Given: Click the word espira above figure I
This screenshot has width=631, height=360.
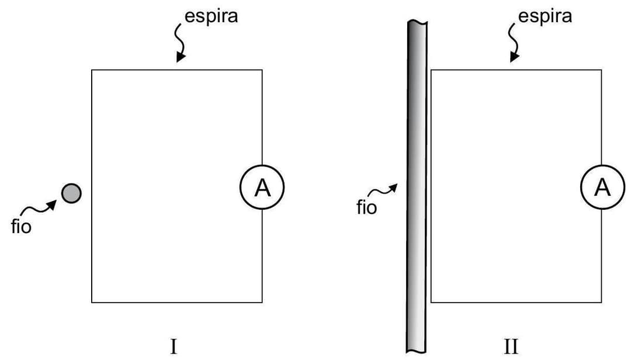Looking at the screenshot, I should [x=211, y=16].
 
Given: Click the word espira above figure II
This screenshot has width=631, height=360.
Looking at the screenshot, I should [x=545, y=16].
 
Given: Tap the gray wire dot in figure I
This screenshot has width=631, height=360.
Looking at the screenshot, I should [x=72, y=192].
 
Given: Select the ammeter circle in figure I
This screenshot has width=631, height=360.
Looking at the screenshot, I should [x=262, y=188].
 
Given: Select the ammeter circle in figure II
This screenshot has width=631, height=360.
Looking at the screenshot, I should [x=601, y=188].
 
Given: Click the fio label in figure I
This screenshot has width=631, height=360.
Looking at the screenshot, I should [x=21, y=226].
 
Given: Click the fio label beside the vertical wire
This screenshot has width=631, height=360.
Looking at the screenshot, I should [x=366, y=207].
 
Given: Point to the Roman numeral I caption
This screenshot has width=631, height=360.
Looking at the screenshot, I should [x=174, y=346].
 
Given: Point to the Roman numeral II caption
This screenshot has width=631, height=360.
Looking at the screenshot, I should [x=511, y=346].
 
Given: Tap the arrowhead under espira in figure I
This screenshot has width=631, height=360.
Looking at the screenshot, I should [x=181, y=57].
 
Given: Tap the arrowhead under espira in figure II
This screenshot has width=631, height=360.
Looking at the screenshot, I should [x=515, y=57].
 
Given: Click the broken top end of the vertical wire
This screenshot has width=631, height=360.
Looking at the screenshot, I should [x=417, y=23].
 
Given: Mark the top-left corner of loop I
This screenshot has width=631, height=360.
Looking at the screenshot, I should [x=92, y=70].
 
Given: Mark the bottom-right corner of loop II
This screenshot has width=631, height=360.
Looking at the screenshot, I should [x=601, y=302].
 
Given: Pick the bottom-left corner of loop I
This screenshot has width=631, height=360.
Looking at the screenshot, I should [x=92, y=302].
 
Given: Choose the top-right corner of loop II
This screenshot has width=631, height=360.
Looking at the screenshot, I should [x=601, y=70].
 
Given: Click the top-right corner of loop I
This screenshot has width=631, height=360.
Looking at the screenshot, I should [x=262, y=70].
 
